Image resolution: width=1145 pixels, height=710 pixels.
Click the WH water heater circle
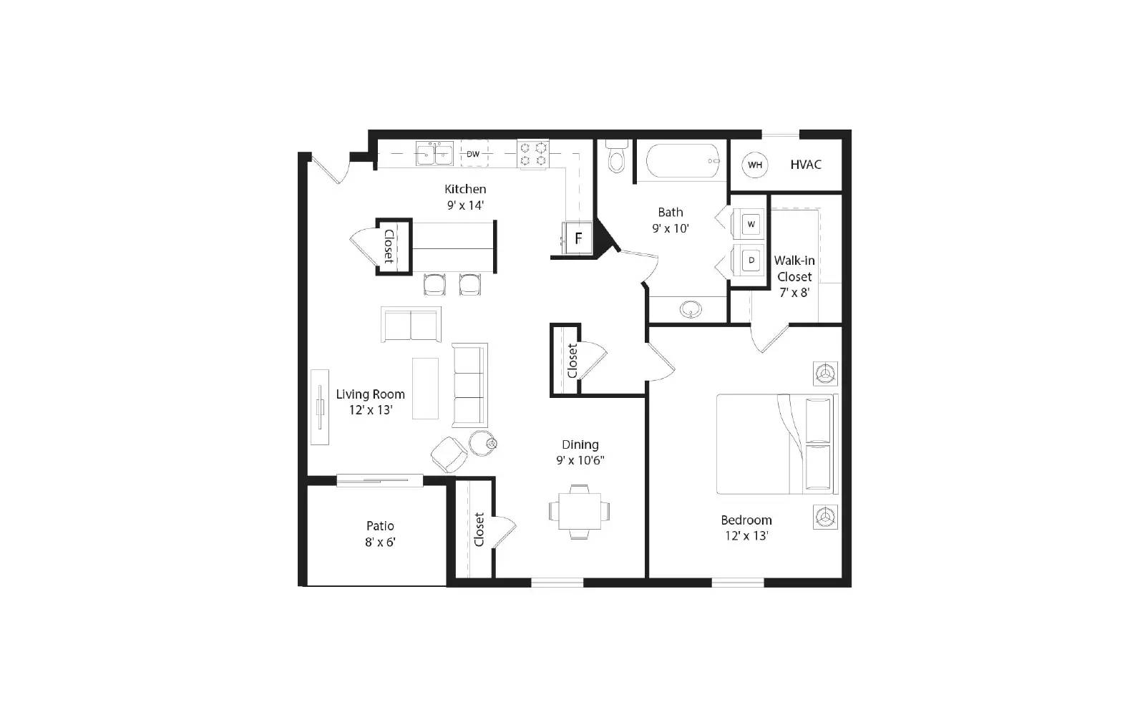point(754,165)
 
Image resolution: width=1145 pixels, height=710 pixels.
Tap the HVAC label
point(806,165)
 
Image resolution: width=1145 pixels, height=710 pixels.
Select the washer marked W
point(751,224)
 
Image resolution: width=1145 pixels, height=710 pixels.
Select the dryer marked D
point(751,261)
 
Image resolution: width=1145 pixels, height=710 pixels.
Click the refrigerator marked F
point(578,238)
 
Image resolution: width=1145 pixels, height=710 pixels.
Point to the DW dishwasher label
point(473,154)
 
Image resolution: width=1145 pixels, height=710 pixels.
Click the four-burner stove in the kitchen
point(533,154)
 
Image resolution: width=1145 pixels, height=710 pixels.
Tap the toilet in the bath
point(616,157)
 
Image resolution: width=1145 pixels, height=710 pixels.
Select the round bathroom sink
point(691,309)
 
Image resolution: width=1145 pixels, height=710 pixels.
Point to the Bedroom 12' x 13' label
point(746,527)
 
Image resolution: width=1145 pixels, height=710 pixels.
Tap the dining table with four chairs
point(579,511)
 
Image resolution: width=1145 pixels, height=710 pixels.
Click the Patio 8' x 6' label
point(380,534)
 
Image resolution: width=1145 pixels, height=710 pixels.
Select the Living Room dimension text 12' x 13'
point(370,410)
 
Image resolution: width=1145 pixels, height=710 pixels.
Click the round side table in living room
point(482,442)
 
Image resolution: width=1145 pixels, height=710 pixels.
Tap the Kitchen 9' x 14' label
point(465,197)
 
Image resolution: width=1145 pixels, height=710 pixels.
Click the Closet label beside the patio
point(479,529)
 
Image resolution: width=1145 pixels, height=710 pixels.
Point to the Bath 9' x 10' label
point(671,220)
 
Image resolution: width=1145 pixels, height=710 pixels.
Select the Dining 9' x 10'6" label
point(580,452)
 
